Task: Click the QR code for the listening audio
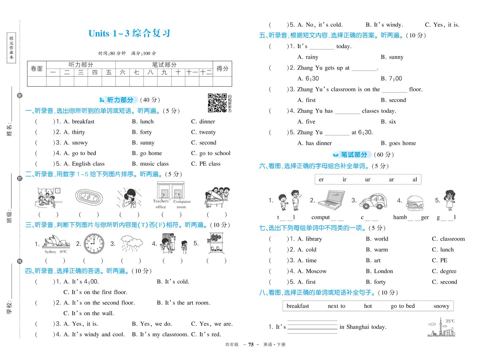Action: click(x=217, y=103)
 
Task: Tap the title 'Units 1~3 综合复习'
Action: click(x=129, y=33)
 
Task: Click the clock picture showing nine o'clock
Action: click(x=94, y=244)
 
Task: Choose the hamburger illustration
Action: click(x=414, y=203)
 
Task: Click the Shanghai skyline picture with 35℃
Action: click(x=441, y=327)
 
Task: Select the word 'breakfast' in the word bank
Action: click(x=298, y=306)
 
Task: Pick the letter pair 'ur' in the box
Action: click(x=368, y=179)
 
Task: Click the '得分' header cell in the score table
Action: click(x=222, y=69)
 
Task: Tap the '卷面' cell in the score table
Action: click(x=37, y=69)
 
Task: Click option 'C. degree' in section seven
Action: click(x=444, y=271)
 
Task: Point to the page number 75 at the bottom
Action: click(x=251, y=345)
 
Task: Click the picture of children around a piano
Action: click(x=217, y=198)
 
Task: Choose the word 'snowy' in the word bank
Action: click(x=441, y=306)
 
